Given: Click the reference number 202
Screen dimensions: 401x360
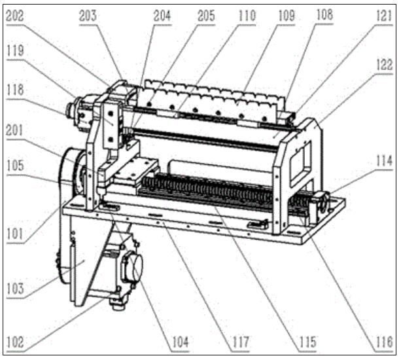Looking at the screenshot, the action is [x=14, y=16].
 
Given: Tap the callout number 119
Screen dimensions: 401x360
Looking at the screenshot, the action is [x=15, y=50].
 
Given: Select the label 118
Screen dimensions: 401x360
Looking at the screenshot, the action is [x=15, y=90].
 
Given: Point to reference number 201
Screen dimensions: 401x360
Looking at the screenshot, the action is [x=14, y=130].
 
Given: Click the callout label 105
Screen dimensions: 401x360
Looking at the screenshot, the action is [x=15, y=166].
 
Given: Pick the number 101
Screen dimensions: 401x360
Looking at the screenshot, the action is [x=15, y=234].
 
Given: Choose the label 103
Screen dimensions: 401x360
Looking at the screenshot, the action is [x=15, y=289].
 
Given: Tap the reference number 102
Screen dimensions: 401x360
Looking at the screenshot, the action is [x=15, y=342].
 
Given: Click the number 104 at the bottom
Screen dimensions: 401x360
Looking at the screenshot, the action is [x=181, y=342].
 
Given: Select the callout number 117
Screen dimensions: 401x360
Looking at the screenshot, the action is [x=240, y=342].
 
